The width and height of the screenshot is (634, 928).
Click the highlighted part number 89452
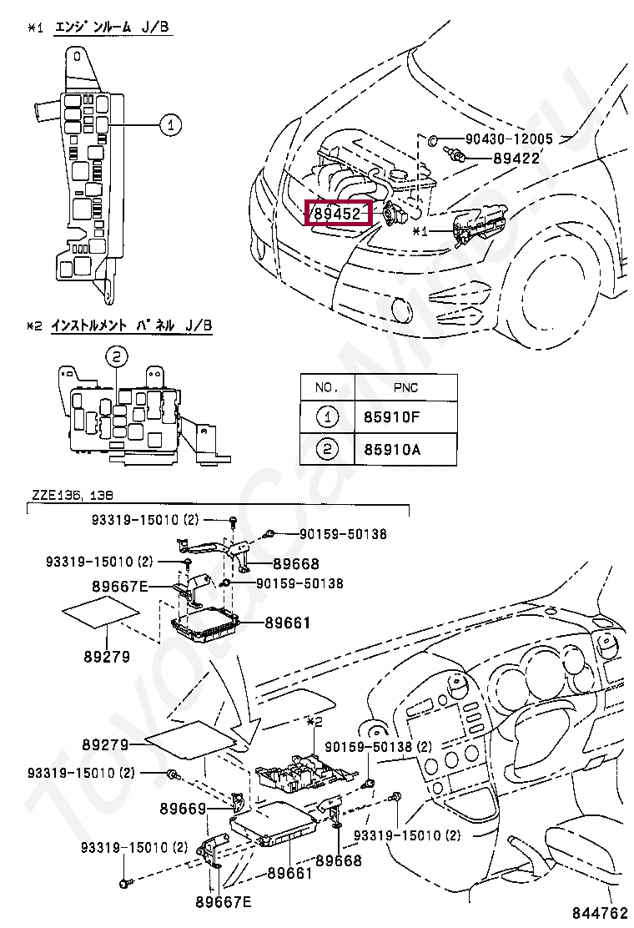coord(337,213)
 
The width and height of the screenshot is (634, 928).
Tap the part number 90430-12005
coord(509,139)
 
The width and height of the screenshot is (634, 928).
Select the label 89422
coord(517,158)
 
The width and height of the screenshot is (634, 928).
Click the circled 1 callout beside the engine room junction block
coord(170,125)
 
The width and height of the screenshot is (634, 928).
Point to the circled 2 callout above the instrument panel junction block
coord(117,356)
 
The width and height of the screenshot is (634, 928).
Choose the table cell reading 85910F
coord(392,417)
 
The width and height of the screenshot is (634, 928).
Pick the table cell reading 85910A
coord(392,450)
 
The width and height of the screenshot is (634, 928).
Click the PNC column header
coord(405,388)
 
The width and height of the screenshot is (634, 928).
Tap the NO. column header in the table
coord(327,388)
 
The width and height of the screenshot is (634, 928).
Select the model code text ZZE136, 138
coord(72,495)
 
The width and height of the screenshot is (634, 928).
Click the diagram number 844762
coord(599,911)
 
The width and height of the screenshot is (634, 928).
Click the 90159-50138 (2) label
coord(379,746)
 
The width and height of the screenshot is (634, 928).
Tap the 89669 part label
coord(183,808)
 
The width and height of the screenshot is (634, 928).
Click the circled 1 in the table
coord(327,417)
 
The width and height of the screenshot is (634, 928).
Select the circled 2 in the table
coord(327,450)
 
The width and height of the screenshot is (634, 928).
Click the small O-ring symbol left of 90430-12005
coord(433,139)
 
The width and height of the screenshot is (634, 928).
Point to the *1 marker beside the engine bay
coord(420,231)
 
